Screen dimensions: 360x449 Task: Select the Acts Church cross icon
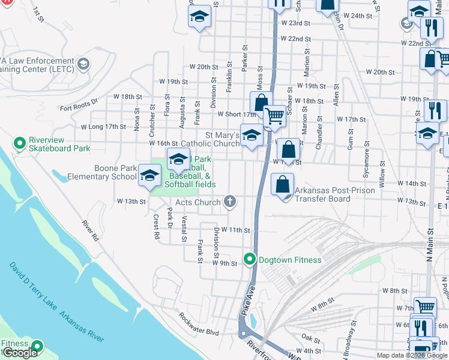click(229, 202)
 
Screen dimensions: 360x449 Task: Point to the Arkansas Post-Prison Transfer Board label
click(334, 194)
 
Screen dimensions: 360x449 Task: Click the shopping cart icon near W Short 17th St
click(274, 116)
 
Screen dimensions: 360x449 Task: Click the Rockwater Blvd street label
click(198, 331)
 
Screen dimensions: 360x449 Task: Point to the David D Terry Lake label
click(34, 287)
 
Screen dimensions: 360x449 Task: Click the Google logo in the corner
click(20, 353)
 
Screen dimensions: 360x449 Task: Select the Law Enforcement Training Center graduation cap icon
click(83, 63)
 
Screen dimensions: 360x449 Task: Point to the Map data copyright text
click(412, 355)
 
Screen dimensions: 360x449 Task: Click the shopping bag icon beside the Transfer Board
click(282, 184)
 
